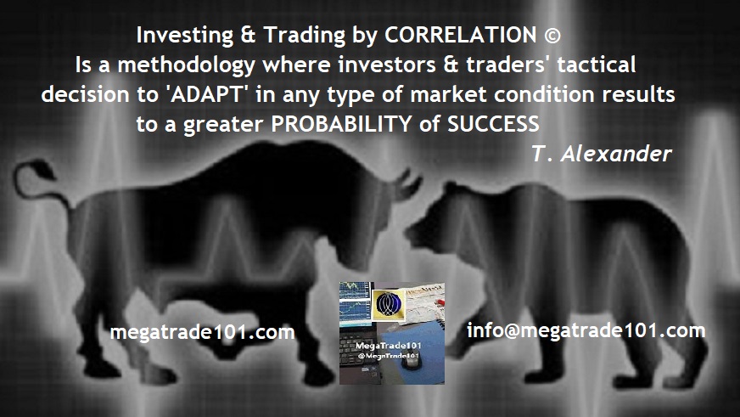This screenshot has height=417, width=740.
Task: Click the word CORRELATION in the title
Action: tap(460, 35)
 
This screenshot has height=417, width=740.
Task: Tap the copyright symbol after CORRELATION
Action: tap(552, 36)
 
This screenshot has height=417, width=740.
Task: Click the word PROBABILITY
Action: tap(341, 124)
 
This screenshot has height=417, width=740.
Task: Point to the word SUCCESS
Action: tap(493, 124)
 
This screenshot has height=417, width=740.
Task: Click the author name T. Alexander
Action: tap(602, 154)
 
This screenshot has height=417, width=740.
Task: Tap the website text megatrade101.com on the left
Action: tap(202, 332)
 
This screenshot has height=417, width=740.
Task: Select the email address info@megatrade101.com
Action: tap(586, 330)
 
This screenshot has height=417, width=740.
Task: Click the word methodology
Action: tap(186, 65)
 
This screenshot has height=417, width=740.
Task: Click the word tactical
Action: tap(596, 65)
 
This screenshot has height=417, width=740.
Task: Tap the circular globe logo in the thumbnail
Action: tap(389, 305)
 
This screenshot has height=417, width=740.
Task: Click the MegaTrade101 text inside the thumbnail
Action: tap(389, 347)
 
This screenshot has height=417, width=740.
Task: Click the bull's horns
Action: tap(408, 184)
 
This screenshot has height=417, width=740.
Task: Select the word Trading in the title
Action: tap(305, 36)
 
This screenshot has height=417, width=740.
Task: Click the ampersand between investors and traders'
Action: tap(451, 65)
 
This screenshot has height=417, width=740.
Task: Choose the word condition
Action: tap(545, 94)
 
